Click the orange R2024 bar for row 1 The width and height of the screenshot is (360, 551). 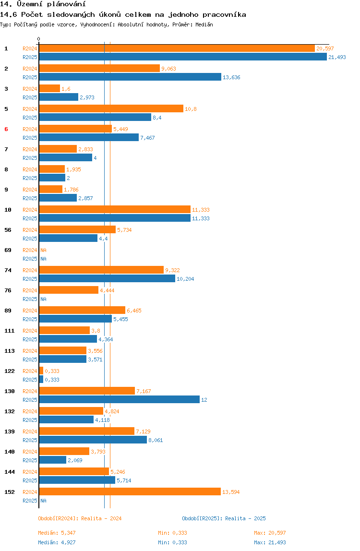tap(177, 48)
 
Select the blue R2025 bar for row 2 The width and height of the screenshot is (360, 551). tap(130, 77)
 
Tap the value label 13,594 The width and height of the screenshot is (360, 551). tap(231, 492)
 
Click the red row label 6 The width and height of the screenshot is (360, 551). tap(6, 129)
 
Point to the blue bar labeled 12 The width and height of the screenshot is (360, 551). tap(119, 400)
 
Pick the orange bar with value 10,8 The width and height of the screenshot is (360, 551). tap(111, 109)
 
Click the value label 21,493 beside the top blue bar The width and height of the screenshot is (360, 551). tap(337, 57)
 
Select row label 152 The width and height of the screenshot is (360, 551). tap(9, 492)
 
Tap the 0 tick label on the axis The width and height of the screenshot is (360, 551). tap(39, 39)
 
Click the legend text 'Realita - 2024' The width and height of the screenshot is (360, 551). tap(101, 518)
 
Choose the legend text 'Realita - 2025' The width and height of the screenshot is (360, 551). tap(245, 518)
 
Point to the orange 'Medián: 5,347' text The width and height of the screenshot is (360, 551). tap(57, 533)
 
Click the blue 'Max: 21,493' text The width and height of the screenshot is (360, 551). tap(270, 542)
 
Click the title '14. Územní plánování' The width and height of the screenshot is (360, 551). tap(39, 4)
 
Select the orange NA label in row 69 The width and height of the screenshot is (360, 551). tap(43, 250)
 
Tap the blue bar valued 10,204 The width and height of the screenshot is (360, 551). tap(107, 279)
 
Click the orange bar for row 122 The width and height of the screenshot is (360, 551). tap(41, 371)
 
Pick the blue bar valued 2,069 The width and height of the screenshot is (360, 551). tap(52, 460)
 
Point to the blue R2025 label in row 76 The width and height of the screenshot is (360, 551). tap(30, 299)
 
